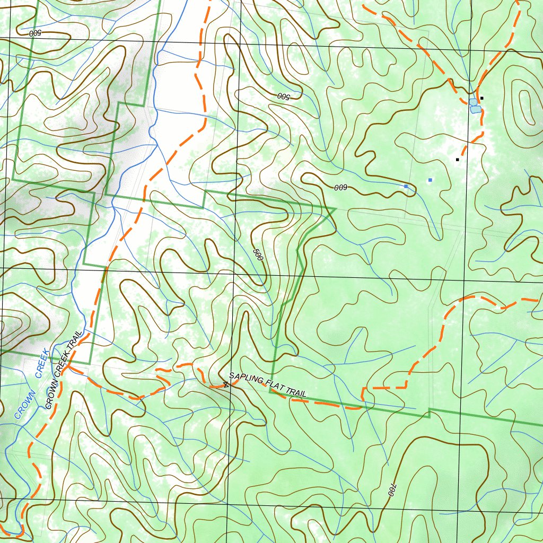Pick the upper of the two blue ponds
[473, 102]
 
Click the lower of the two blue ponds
[476, 110]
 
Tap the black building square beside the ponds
[482, 98]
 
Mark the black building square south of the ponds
[457, 159]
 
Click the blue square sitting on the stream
[406, 187]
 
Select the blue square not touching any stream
[430, 180]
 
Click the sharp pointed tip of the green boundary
[336, 208]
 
